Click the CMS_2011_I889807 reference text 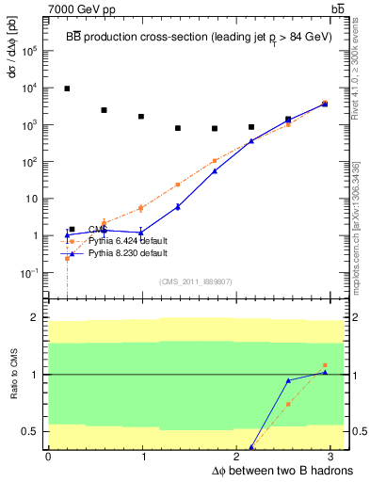coord(195,281)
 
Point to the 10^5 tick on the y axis coord(29,51)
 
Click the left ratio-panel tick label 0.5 coord(29,432)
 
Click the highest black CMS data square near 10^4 coord(67,88)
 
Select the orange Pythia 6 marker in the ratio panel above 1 coord(324,365)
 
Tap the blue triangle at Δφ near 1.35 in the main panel coord(178,206)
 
